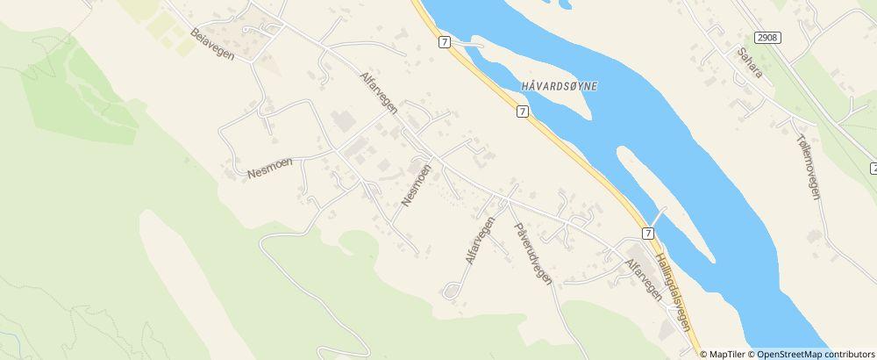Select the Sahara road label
click(x=749, y=64)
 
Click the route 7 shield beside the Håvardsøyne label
click(x=522, y=112)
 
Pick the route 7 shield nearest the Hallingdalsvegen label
click(x=647, y=233)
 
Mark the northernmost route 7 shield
click(x=445, y=41)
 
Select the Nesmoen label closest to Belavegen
click(x=268, y=163)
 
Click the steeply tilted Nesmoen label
click(x=417, y=185)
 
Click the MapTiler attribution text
click(x=723, y=354)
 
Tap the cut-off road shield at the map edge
click(x=873, y=167)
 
